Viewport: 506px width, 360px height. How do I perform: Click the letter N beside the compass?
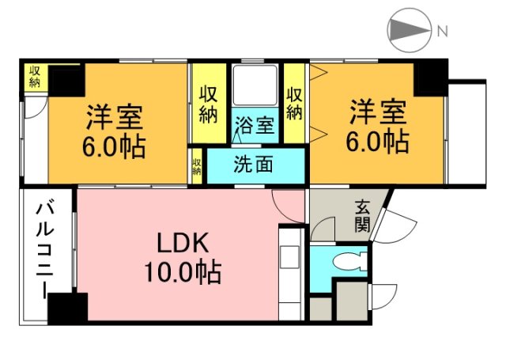[x=443, y=32]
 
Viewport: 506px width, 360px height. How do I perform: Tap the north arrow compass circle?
[x=408, y=32]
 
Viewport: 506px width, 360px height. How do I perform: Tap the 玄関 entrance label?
[x=362, y=215]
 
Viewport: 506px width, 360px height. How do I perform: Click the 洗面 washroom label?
[x=254, y=165]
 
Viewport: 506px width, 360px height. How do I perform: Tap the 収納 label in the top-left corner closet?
[x=36, y=76]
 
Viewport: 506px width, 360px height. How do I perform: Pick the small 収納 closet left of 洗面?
[x=197, y=167]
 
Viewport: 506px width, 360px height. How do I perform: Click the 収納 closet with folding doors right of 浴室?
[x=294, y=103]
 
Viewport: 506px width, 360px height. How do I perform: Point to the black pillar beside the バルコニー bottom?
[x=67, y=306]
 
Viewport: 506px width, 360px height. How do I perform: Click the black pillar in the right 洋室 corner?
[x=431, y=78]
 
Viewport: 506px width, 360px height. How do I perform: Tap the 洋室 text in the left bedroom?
[x=115, y=118]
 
